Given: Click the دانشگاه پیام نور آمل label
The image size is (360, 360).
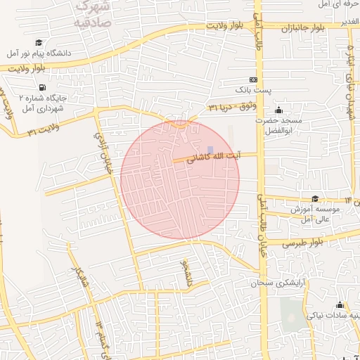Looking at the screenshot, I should point(40,53).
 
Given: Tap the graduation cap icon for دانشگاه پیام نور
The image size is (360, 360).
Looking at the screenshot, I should point(38,43).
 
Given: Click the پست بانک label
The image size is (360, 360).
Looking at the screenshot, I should point(252,91).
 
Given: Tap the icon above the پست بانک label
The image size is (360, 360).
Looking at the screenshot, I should point(253,79).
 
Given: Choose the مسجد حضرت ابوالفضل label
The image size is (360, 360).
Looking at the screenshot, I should point(278,125).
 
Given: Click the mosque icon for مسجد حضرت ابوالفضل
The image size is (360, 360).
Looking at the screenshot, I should point(278,110).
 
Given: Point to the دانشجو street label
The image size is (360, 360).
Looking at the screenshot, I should point(186,274).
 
